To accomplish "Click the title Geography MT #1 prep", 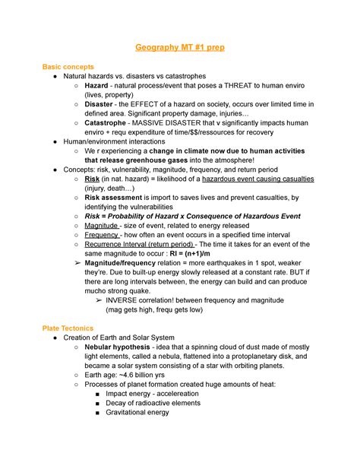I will pyautogui.click(x=179, y=47).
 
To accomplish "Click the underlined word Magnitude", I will pyautogui.click(x=101, y=226).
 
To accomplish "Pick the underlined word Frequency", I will pyautogui.click(x=102, y=236).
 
